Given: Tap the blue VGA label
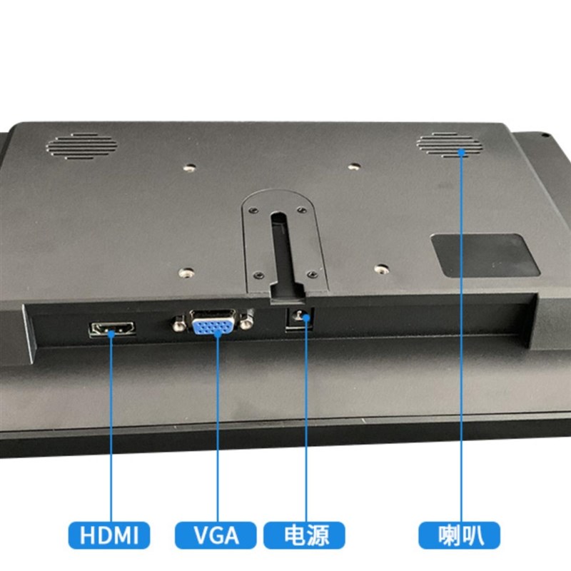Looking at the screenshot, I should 216,535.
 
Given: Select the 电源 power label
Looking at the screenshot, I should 305,535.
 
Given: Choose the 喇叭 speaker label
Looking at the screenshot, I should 460,535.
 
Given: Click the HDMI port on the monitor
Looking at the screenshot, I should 112,330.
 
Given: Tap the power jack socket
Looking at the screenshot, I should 298,320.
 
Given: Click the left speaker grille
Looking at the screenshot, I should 81,146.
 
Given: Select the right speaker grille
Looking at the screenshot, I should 450,145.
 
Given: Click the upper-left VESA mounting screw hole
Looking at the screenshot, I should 189,168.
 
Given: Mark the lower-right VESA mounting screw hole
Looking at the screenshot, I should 382,269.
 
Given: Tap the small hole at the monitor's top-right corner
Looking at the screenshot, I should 543,135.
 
